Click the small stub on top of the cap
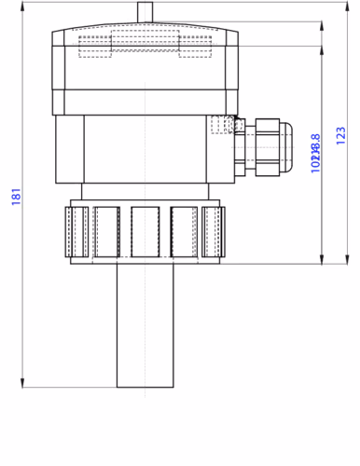point(144,11)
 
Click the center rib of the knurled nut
point(145,230)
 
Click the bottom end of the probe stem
point(145,385)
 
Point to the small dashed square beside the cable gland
point(220,124)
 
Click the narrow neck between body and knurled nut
point(145,192)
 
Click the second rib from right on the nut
point(186,230)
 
